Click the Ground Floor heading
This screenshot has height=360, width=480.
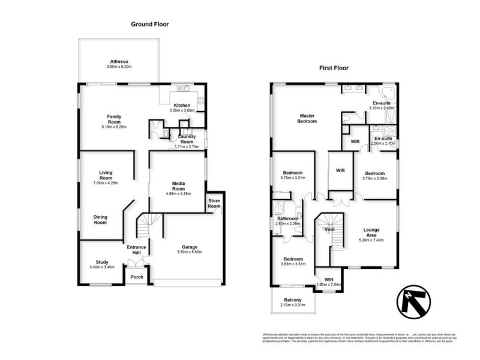149,25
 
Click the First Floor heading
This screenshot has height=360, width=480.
334,68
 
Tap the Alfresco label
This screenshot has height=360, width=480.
119,61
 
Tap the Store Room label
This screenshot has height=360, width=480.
214,203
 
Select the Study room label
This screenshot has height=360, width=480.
102,262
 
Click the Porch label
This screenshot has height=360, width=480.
137,277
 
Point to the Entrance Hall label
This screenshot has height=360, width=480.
136,250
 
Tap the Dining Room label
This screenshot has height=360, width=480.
100,220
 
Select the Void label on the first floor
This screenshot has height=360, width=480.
329,229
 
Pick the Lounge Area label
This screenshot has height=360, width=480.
371,232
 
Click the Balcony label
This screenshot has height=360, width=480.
293,300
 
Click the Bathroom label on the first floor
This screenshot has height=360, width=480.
287,218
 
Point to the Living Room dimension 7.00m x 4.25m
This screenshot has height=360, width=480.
106,182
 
